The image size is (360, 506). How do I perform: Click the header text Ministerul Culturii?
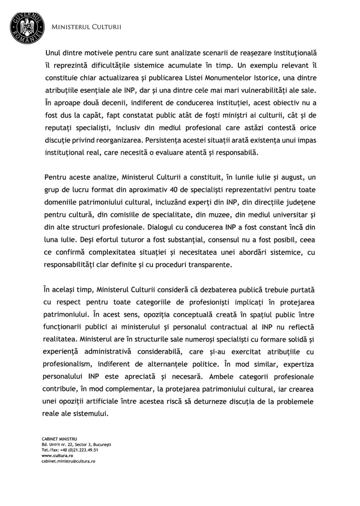[86, 27]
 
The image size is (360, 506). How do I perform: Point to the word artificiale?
[113, 401]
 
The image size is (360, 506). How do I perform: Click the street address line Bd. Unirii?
[76, 445]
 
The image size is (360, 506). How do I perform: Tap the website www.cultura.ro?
[57, 456]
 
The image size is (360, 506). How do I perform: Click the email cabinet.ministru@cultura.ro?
[68, 462]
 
